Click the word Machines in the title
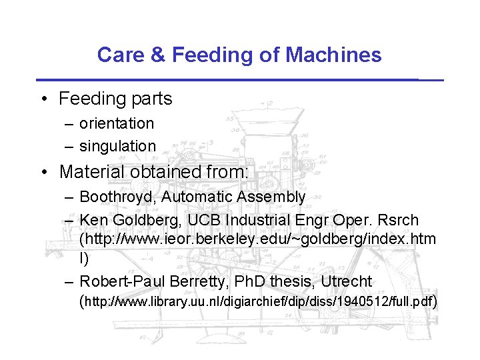click(333, 55)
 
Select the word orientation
click(117, 123)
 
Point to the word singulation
click(117, 145)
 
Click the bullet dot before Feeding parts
click(42, 99)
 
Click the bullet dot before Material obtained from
click(42, 172)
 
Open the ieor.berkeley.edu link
click(257, 239)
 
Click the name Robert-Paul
click(117, 281)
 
